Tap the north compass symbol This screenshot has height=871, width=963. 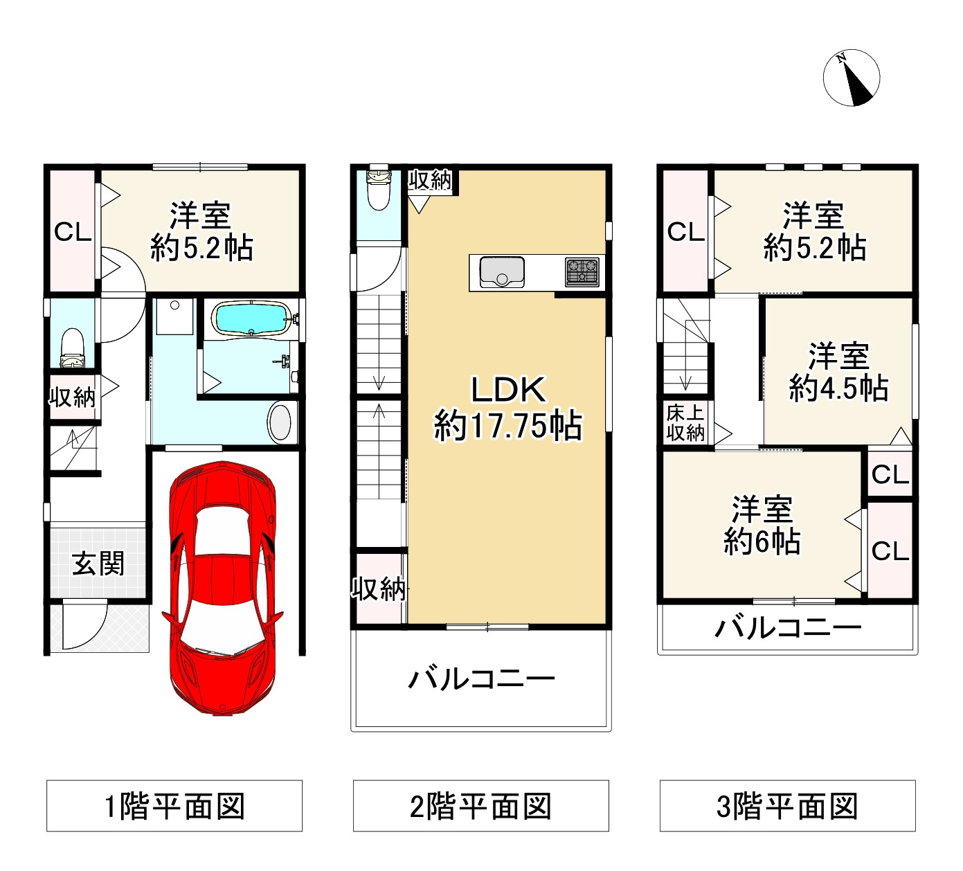pyautogui.click(x=852, y=78)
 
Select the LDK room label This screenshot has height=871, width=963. pyautogui.click(x=508, y=408)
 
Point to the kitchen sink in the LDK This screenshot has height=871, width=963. pyautogui.click(x=502, y=271)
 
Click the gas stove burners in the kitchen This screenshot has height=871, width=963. pyautogui.click(x=582, y=271)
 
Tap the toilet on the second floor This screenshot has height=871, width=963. pyautogui.click(x=378, y=189)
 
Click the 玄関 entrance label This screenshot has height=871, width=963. pyautogui.click(x=98, y=564)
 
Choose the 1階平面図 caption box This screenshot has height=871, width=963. pyautogui.click(x=174, y=806)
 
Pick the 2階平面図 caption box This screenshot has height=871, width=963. pyautogui.click(x=481, y=806)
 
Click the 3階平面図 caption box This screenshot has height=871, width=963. pyautogui.click(x=788, y=806)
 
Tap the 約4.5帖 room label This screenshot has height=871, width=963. pyautogui.click(x=838, y=372)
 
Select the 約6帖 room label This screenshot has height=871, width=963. pyautogui.click(x=762, y=526)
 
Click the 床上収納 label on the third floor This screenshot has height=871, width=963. pyautogui.click(x=685, y=423)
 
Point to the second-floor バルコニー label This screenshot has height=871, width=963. pyautogui.click(x=481, y=679)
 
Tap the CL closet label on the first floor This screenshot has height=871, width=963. pyautogui.click(x=73, y=232)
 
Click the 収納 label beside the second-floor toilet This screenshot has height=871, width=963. pyautogui.click(x=430, y=180)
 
